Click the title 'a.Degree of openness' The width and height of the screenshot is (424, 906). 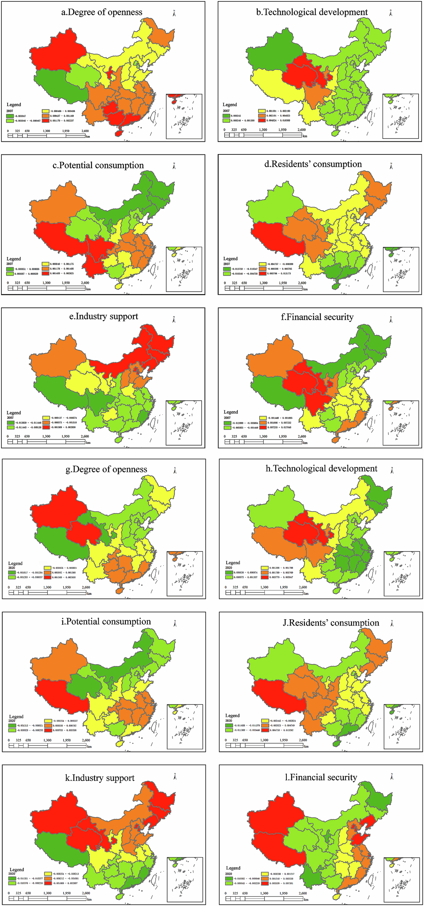coord(102,12)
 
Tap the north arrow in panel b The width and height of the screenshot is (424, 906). coord(391,13)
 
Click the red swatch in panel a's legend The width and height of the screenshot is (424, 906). coord(45,121)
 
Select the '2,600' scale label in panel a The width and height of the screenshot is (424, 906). coord(85,131)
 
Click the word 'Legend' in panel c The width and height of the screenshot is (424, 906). coord(14,259)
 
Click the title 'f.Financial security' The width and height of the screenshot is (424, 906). coord(317,317)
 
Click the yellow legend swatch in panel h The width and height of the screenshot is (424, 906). coord(265,568)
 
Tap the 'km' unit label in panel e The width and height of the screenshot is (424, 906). coord(88,443)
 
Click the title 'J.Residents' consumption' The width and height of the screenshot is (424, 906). coord(331,623)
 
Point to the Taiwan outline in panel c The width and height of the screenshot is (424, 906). coord(154,269)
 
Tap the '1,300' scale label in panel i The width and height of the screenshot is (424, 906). coord(47,740)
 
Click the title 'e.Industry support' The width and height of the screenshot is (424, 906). coord(103,317)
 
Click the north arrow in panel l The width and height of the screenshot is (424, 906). coord(392,777)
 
